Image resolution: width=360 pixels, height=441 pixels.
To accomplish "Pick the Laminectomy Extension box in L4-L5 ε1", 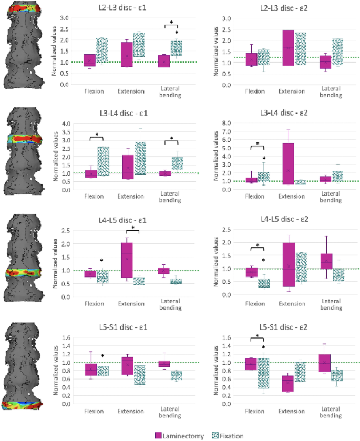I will (127, 260).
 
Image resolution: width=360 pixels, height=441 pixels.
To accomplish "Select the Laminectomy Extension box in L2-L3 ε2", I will (288, 47).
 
